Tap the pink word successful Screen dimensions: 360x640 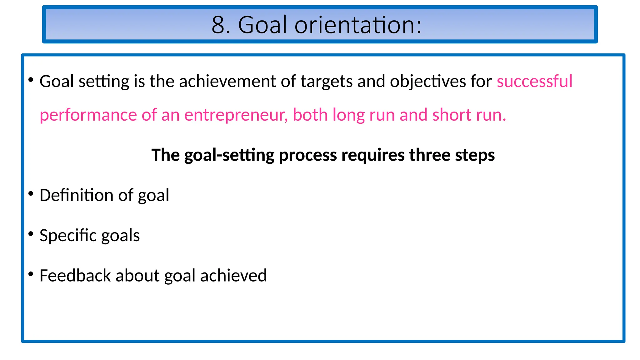[x=534, y=81]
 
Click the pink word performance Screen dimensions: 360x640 [x=88, y=115]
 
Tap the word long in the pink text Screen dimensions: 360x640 [x=348, y=115]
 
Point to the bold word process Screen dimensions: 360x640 [x=308, y=155]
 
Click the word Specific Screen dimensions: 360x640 [x=68, y=235]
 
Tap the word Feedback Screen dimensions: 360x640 [x=75, y=276]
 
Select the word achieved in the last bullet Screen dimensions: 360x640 [x=233, y=276]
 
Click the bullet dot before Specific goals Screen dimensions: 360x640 [x=31, y=234]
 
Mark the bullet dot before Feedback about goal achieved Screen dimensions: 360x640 [x=31, y=274]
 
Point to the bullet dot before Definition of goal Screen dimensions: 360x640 [x=31, y=194]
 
